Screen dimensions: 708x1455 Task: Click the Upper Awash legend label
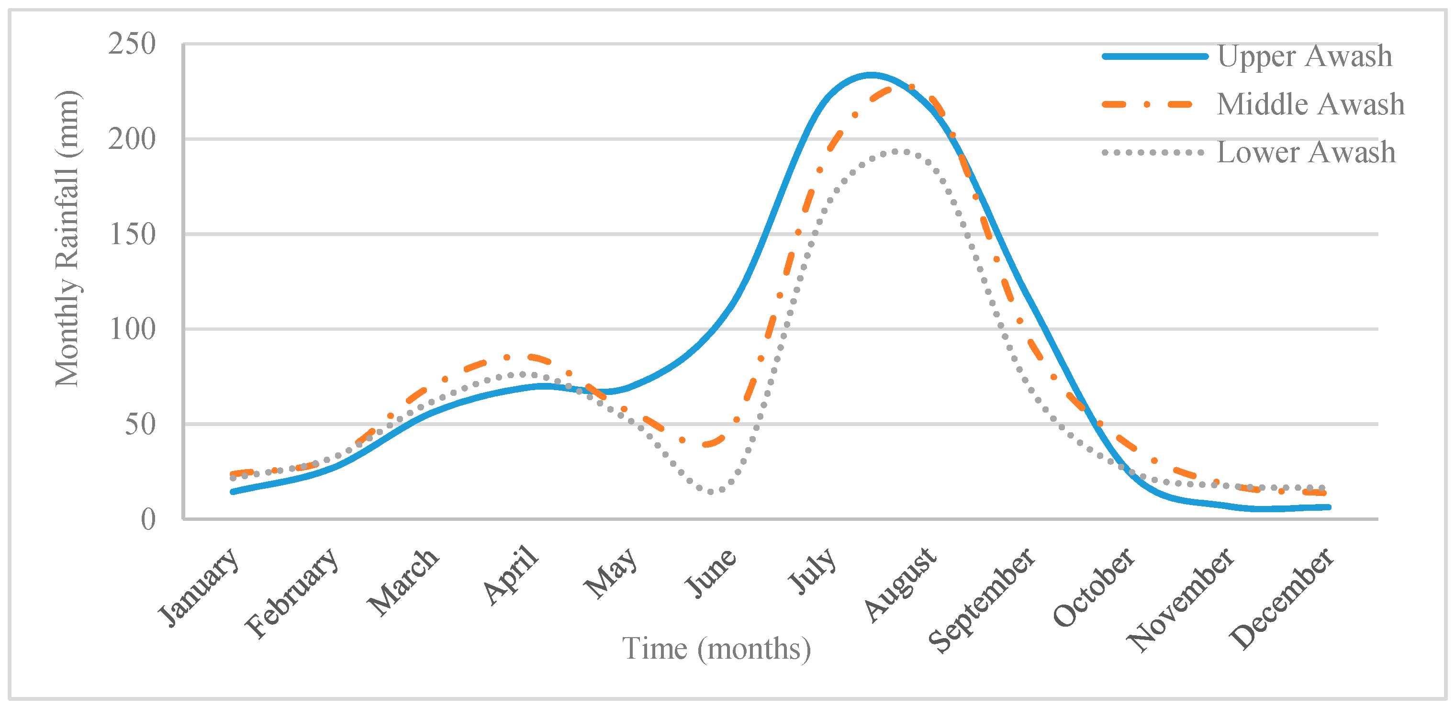click(x=1304, y=56)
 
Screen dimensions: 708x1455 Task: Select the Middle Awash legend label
click(x=1310, y=104)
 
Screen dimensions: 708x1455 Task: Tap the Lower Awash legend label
click(x=1305, y=153)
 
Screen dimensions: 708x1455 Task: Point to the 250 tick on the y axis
click(x=132, y=44)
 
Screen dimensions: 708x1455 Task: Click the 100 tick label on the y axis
click(x=132, y=329)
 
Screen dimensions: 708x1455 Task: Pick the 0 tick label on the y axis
click(x=148, y=519)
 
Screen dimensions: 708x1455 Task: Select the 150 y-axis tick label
click(x=132, y=234)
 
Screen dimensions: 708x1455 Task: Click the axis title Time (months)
click(x=716, y=649)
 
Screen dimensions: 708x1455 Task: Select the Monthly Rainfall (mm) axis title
click(x=68, y=238)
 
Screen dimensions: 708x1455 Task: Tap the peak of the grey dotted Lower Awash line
click(x=901, y=151)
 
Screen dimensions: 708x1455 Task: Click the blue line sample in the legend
click(x=1154, y=56)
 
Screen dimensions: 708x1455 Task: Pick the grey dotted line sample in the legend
click(x=1152, y=153)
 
